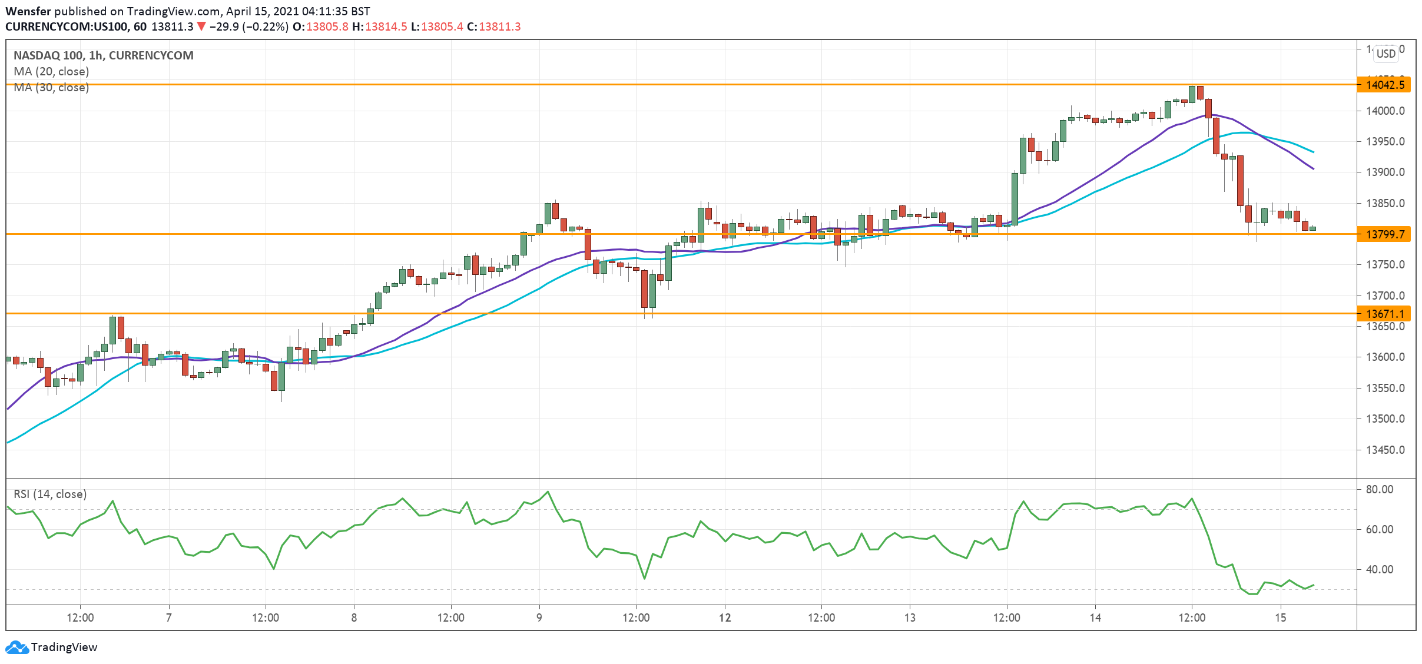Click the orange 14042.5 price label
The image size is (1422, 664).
[x=1384, y=85]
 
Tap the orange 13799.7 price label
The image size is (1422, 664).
[x=1384, y=234]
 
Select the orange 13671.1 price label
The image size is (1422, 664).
[x=1384, y=314]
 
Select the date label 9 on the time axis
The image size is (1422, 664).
[x=539, y=618]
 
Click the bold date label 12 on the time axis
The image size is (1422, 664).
[x=725, y=618]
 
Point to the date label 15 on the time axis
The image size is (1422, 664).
[x=1280, y=618]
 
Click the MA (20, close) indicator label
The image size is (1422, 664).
[x=51, y=72]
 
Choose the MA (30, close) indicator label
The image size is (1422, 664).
[x=51, y=88]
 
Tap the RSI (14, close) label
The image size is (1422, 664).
[x=50, y=494]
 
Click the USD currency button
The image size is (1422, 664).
[x=1385, y=54]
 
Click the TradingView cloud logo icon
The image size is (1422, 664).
[x=16, y=648]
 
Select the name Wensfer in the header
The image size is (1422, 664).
[x=28, y=11]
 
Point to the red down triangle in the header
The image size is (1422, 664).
[x=201, y=26]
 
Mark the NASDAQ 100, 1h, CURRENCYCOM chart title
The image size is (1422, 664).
[x=104, y=55]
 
